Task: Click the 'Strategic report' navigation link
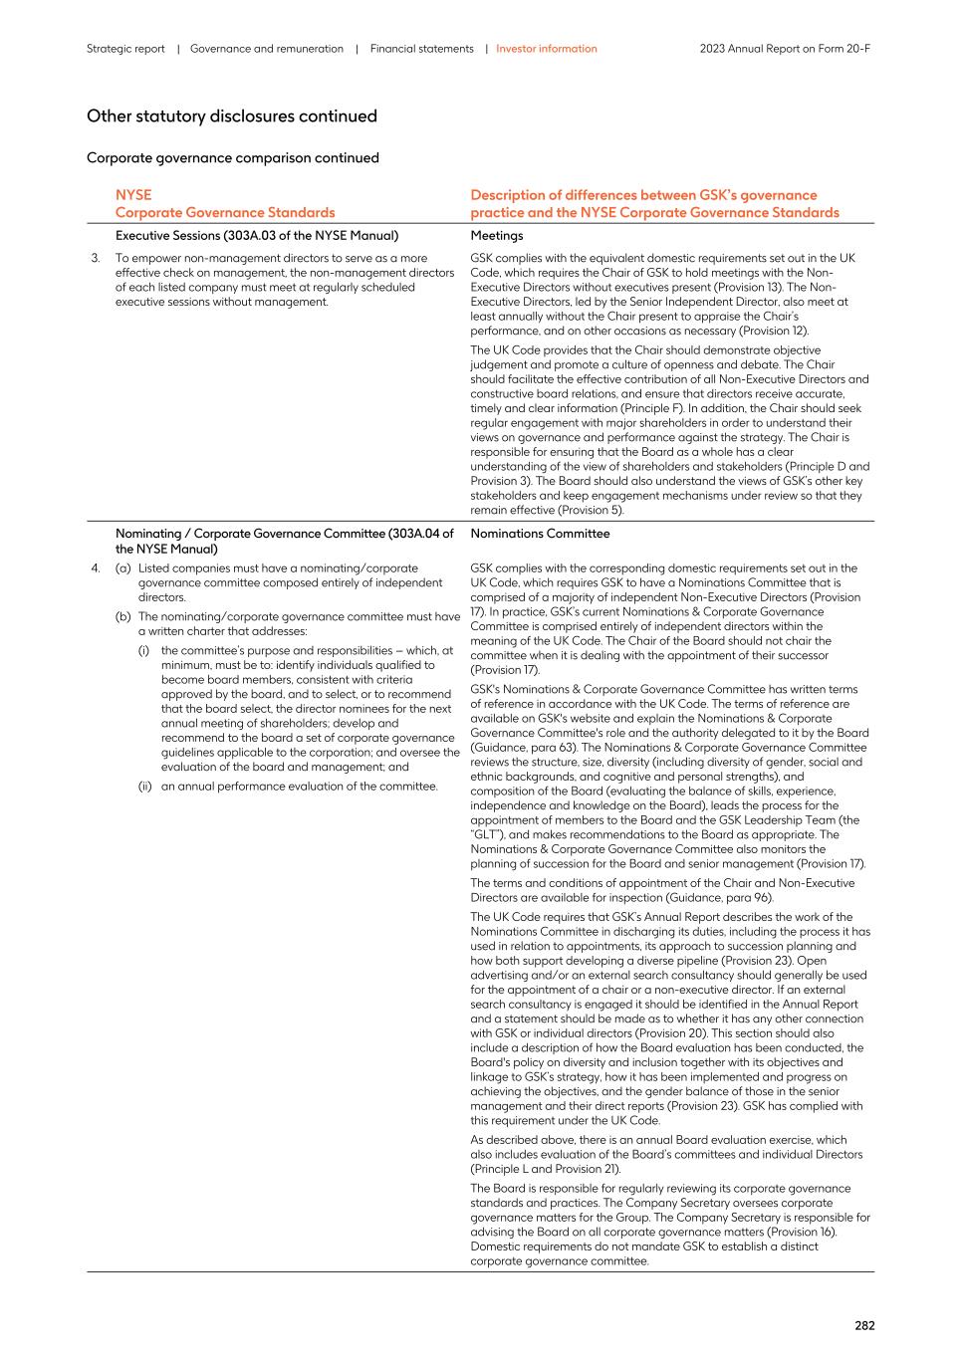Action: coord(125,49)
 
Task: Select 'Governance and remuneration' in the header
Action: coord(266,49)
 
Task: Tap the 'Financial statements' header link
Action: coord(421,49)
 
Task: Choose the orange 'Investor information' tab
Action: coord(547,49)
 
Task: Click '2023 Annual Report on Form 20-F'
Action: coord(785,49)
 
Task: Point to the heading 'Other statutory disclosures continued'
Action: coord(231,116)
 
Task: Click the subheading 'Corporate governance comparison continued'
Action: coord(232,158)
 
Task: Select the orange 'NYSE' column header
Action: coord(133,195)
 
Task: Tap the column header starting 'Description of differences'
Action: coord(643,195)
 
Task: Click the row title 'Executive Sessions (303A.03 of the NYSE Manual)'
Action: coord(257,236)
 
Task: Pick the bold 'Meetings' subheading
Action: coord(496,236)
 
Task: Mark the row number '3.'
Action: coord(96,258)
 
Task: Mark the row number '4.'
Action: coord(96,568)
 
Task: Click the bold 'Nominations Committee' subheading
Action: coord(540,534)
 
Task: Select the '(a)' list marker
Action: coord(123,568)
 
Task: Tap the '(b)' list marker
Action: coord(123,616)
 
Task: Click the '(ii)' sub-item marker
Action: coord(146,787)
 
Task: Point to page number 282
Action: coord(863,1325)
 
